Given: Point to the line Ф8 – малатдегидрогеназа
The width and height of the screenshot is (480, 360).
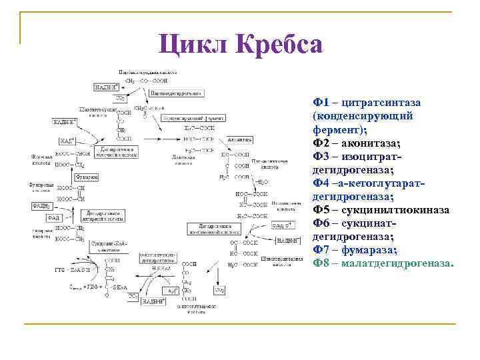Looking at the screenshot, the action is tap(383, 263).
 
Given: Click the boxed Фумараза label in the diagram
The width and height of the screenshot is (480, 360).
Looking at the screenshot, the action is tap(85, 177).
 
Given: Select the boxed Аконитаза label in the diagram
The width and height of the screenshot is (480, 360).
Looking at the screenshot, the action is tap(239, 140).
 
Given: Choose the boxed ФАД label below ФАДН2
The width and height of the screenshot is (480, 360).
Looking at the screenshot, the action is tap(54, 218).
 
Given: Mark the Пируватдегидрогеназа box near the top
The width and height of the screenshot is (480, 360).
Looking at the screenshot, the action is tap(176, 93).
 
